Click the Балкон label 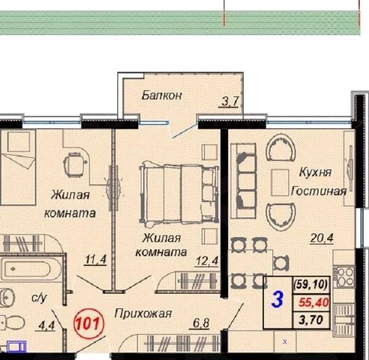coord(162,95)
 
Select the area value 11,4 coord(96,260)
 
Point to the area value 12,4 coord(207,261)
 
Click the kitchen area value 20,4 coord(322,238)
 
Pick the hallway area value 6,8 coord(200,323)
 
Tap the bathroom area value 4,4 coord(45,326)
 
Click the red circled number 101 coord(89,324)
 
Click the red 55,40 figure coord(314,302)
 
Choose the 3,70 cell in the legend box coord(311,320)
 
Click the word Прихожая coord(143,313)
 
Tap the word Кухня coord(315,172)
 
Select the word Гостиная coord(319,191)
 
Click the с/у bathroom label coord(39,298)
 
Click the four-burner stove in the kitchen coord(344,277)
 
